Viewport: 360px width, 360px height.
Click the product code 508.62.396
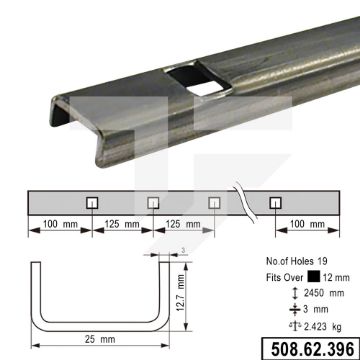tap(312, 349)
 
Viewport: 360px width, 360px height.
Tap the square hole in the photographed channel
tap(199, 79)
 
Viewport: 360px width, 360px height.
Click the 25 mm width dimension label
tap(100, 339)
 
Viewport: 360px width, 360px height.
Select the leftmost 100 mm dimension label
tap(60, 224)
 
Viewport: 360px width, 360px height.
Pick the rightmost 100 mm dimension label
tap(307, 224)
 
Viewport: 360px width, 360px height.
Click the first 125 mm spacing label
tap(122, 224)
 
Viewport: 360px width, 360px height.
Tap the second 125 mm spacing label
tap(183, 224)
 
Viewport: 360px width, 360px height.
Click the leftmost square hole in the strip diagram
tap(92, 203)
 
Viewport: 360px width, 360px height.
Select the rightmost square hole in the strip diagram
tap(276, 203)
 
